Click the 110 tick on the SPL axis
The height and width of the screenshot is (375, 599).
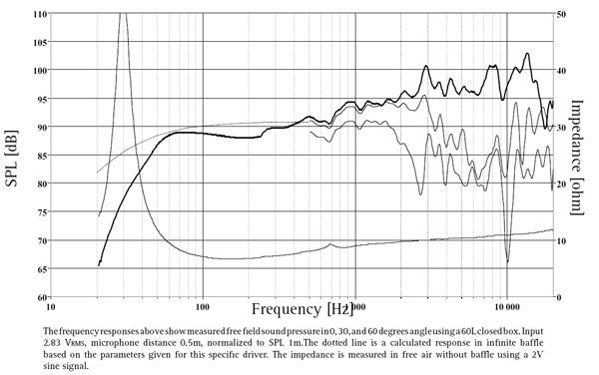point(39,14)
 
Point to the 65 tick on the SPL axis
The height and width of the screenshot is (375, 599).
point(41,269)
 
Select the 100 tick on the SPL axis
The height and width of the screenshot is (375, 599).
point(39,71)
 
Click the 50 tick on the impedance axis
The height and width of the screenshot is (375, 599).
point(562,14)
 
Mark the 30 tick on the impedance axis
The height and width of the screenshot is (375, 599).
point(562,128)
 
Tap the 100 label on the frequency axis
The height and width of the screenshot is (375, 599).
point(203,308)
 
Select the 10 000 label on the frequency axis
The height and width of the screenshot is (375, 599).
point(507,308)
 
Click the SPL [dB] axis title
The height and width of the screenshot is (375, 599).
point(12,156)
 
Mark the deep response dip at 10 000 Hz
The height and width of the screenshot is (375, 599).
point(507,261)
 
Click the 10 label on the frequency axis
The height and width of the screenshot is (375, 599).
point(51,308)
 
